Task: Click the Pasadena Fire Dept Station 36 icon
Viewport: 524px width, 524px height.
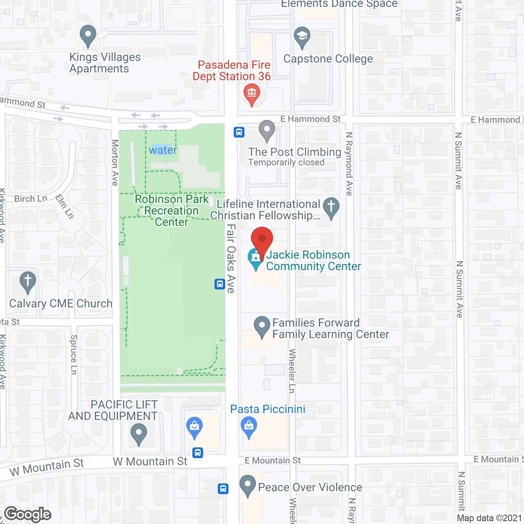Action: (251, 94)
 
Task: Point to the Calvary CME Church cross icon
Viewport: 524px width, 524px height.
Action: (27, 282)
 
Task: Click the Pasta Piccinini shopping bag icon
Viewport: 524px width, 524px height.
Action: (249, 427)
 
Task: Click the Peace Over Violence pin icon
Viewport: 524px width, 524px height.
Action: (247, 485)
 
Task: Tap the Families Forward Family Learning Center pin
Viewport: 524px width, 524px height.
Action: (262, 326)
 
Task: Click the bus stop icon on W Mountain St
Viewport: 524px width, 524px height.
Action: (198, 453)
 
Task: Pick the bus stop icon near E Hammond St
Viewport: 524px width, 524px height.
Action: (239, 132)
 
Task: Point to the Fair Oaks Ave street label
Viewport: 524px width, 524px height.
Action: (231, 258)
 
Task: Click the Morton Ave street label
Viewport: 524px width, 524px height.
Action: (115, 163)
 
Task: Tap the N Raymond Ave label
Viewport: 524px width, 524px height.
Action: (349, 164)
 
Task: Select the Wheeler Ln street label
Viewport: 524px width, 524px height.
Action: (292, 370)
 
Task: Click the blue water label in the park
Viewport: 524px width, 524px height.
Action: (163, 150)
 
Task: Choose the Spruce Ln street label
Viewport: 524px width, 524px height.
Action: (74, 355)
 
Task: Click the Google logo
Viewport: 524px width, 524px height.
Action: (28, 514)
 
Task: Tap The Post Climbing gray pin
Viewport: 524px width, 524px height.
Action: (267, 130)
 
